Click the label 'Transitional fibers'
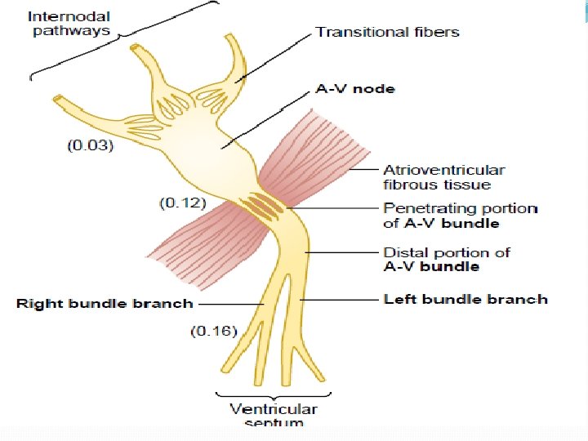(387, 33)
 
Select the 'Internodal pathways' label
(69, 24)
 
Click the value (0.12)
(181, 202)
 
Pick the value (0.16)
(213, 331)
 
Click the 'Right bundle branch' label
(105, 304)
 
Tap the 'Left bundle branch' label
(465, 299)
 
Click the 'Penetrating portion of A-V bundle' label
(460, 216)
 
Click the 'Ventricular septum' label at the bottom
(273, 414)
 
